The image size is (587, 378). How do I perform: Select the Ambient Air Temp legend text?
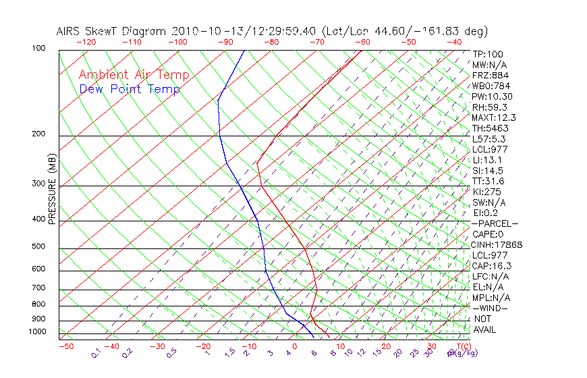pos(134,75)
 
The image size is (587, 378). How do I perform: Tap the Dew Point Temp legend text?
pos(130,90)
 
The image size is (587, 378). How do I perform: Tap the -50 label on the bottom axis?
pos(65,346)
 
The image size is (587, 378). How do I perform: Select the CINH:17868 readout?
pos(497,245)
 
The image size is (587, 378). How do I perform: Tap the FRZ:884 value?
pos(490,76)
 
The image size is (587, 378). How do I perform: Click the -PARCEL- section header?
pos(495,223)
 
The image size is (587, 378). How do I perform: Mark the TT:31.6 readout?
pos(488,181)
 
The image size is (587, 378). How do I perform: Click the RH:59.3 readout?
pos(490,107)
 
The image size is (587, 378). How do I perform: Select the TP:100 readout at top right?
pos(488,54)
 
